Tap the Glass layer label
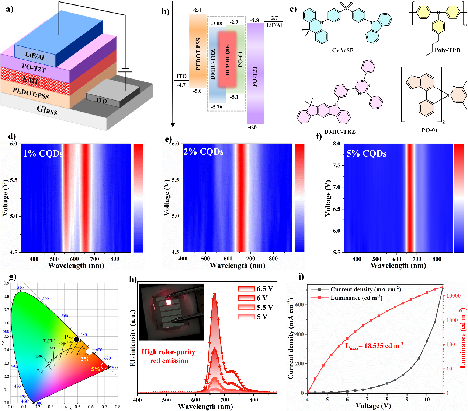click(47, 110)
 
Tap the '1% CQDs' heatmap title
click(43, 154)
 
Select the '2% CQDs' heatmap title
click(203, 152)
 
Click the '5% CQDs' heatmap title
click(366, 154)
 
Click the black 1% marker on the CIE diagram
click(77, 340)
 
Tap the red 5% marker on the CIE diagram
click(104, 366)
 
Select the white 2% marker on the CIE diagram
click(89, 351)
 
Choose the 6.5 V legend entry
click(255, 289)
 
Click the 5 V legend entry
click(255, 316)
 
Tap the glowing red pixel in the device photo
click(169, 302)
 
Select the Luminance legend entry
click(356, 298)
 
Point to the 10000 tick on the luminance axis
click(453, 296)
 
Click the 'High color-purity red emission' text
click(169, 356)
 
